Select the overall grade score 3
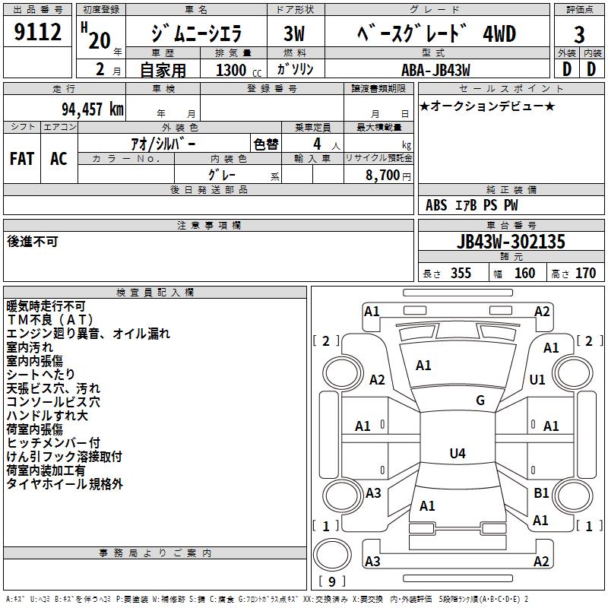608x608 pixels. pyautogui.click(x=579, y=34)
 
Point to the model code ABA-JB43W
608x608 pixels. pyautogui.click(x=435, y=70)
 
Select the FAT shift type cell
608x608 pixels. pyautogui.click(x=21, y=158)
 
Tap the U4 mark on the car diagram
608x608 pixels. pyautogui.click(x=457, y=454)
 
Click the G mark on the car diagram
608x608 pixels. pyautogui.click(x=480, y=401)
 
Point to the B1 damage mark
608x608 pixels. pyautogui.click(x=541, y=493)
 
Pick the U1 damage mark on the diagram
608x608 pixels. pyautogui.click(x=537, y=379)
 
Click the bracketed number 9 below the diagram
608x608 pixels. pyautogui.click(x=331, y=582)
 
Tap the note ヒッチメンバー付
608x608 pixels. pyautogui.click(x=53, y=442)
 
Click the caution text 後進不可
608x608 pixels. pyautogui.click(x=32, y=241)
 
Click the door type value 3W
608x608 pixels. pyautogui.click(x=294, y=34)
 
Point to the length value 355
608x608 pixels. pyautogui.click(x=461, y=274)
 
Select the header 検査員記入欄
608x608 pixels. pyautogui.click(x=155, y=293)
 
